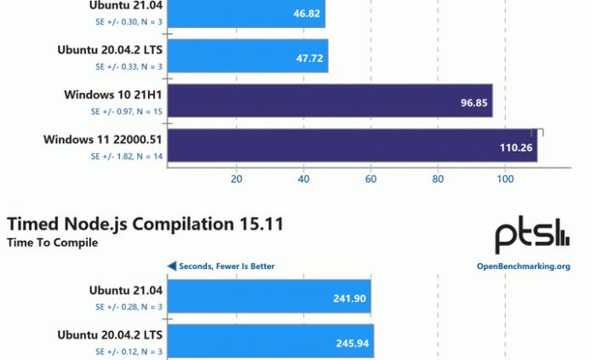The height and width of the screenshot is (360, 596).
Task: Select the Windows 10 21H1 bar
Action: click(x=330, y=100)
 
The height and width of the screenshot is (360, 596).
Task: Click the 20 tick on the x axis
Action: click(x=237, y=180)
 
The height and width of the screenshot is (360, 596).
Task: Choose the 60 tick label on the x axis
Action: click(x=370, y=180)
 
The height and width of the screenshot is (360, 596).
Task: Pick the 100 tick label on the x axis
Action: click(x=505, y=180)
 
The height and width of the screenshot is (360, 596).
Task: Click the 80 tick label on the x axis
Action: click(x=438, y=180)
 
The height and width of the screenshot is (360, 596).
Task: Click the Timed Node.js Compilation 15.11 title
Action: click(x=145, y=224)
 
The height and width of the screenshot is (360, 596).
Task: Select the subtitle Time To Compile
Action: click(x=52, y=243)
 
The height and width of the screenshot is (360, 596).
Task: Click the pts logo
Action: click(x=532, y=236)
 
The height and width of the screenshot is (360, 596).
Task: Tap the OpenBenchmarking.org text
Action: click(x=523, y=266)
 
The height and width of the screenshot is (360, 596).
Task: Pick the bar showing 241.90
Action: click(x=269, y=298)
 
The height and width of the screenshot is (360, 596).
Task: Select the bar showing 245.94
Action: click(x=271, y=343)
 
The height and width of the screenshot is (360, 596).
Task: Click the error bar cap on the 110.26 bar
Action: click(x=538, y=133)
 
